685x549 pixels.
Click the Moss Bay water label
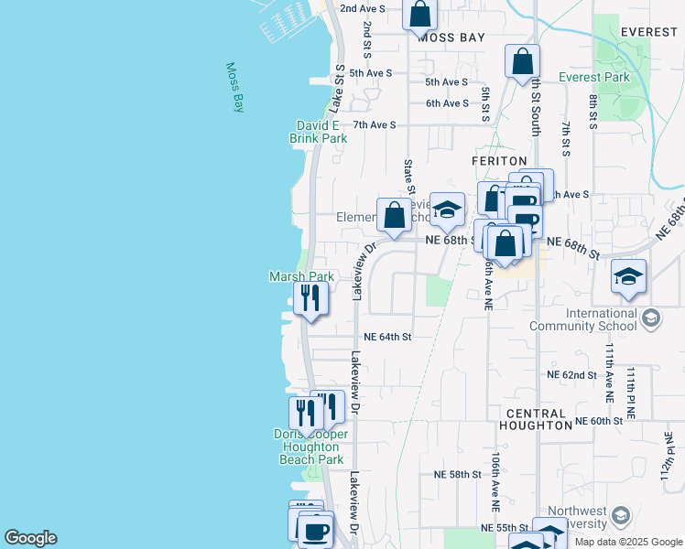235,87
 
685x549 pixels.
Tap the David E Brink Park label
319,132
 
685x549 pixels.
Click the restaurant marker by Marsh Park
311,298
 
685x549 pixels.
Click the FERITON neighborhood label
499,160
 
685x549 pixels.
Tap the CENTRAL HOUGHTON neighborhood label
538,419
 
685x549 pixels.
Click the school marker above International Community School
628,276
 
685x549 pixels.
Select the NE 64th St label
387,337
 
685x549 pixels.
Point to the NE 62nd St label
571,375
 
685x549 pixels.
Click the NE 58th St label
457,474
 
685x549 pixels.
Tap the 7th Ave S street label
374,124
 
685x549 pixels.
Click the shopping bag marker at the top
419,14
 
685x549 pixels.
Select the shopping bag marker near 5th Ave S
522,61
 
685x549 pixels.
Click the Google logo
30,538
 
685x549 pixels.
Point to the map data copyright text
628,542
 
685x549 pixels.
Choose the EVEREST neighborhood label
647,31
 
